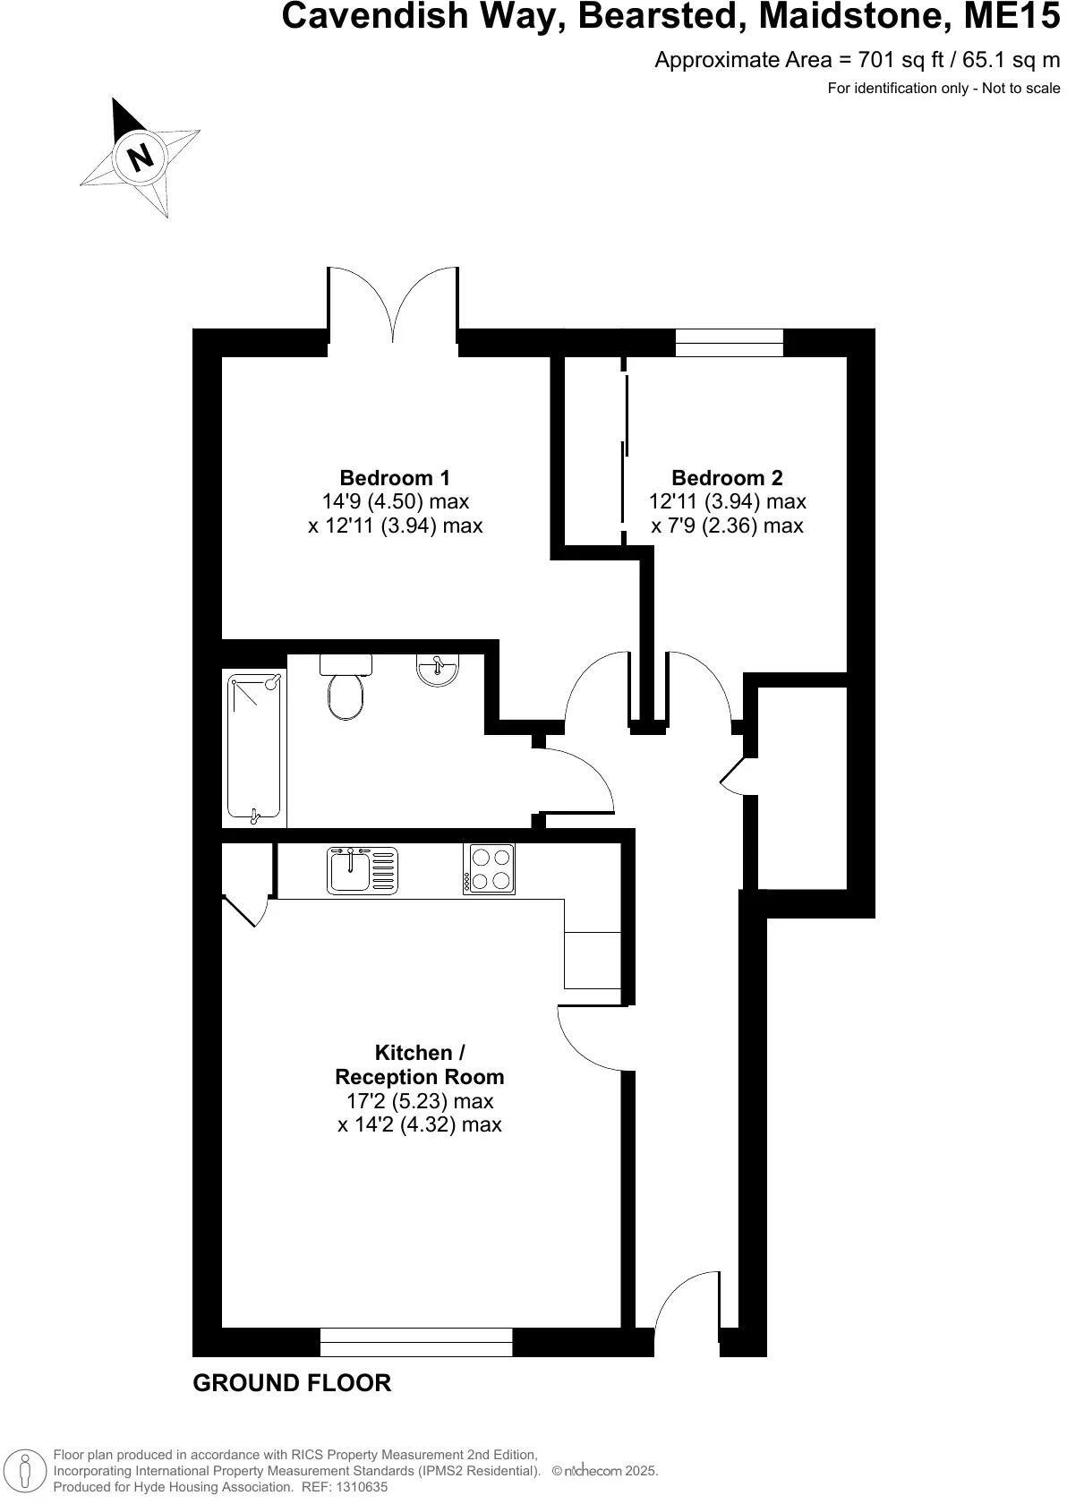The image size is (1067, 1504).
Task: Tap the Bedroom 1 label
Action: point(395,477)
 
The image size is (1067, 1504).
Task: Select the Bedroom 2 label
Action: point(727,477)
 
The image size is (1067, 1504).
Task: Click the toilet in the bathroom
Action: point(346,689)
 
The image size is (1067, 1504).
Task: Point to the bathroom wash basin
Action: point(439,670)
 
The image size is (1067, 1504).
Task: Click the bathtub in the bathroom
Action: point(255,748)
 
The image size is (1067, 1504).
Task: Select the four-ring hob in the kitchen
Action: point(489,868)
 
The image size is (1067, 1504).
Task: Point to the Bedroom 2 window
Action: point(729,343)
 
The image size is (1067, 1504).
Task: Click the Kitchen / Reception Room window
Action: point(416,1341)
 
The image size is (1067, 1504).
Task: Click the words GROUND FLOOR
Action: point(292,1383)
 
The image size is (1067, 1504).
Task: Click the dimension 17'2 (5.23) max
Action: point(420,1101)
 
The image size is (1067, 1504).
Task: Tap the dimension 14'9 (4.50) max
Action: point(395,501)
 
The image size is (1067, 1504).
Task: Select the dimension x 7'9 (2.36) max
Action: point(727,526)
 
